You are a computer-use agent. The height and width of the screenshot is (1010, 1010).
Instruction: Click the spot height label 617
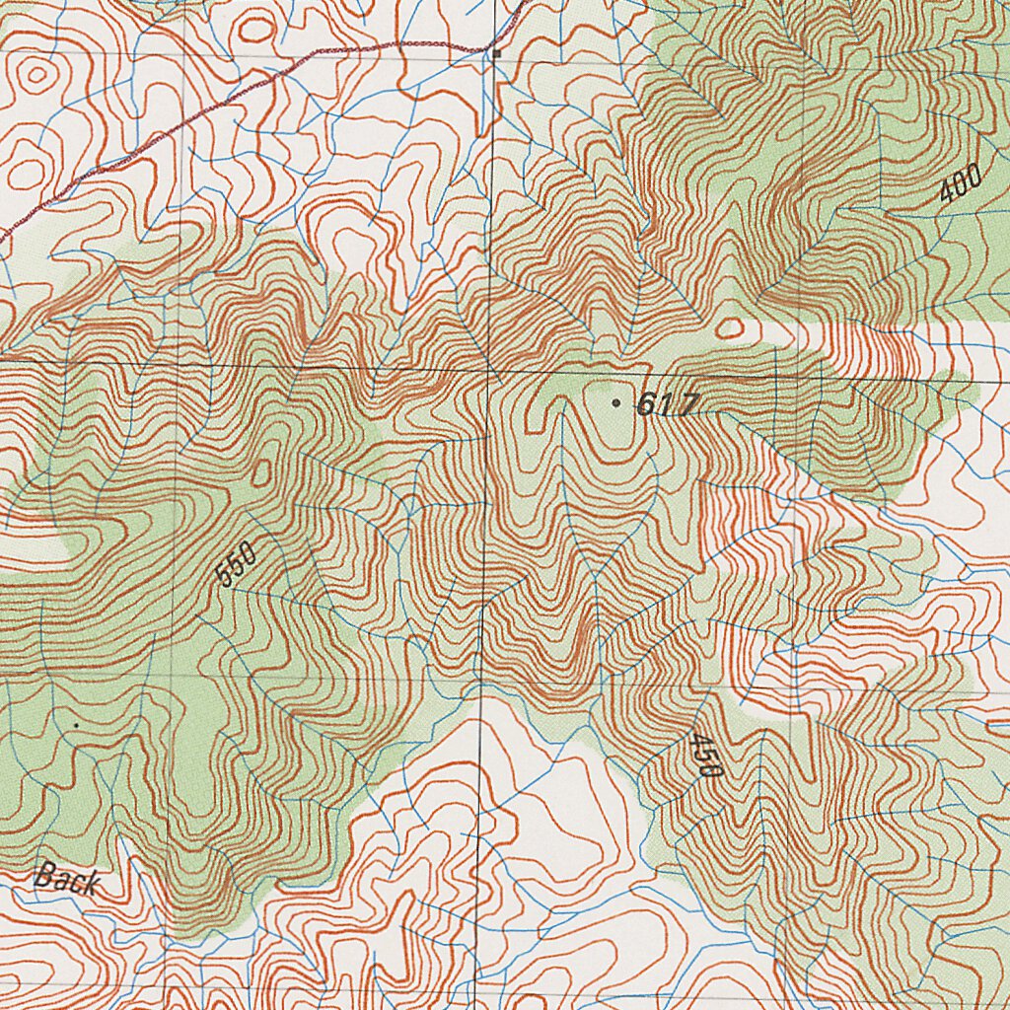coord(668,404)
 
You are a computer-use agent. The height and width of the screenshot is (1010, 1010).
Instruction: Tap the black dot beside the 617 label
coord(616,403)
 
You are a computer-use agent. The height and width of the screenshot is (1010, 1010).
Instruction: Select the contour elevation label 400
coord(960,184)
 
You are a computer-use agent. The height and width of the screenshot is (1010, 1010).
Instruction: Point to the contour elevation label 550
coord(237,565)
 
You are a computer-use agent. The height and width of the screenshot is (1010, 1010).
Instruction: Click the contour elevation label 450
coord(706,756)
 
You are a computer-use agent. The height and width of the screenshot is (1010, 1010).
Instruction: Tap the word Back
coord(67,878)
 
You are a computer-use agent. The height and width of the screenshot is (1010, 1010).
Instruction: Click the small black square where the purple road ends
coord(498,52)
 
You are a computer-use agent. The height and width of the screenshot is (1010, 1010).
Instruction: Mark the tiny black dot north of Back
coord(76,725)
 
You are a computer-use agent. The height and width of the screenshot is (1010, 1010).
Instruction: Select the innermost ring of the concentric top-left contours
coord(37,74)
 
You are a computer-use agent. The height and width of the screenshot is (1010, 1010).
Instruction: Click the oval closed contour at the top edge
coord(255,29)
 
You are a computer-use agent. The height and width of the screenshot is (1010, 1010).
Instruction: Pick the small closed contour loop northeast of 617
coord(729,327)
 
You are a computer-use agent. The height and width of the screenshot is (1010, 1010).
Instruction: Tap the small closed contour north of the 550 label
coord(261,474)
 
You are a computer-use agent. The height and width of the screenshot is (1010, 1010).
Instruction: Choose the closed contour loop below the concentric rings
coord(28,174)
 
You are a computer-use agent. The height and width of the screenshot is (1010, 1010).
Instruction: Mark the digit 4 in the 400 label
coord(949,193)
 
